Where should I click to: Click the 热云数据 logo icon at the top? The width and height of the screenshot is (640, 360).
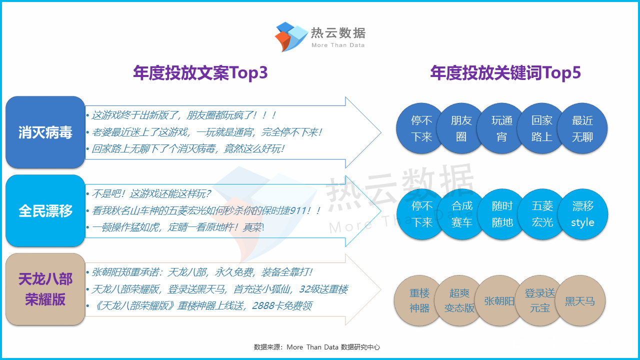coord(291,37)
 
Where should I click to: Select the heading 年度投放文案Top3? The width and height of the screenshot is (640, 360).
coord(200,73)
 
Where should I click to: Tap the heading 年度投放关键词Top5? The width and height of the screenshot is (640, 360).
coord(505,73)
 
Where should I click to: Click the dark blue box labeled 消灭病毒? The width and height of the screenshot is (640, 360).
coord(45,132)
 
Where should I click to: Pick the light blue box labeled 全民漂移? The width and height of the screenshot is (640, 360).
coord(45,211)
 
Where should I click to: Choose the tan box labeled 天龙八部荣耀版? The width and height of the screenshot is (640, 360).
coord(45,289)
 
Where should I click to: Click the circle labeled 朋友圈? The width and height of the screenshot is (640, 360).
coord(461,128)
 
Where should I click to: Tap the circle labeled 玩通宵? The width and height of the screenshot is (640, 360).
coord(501,128)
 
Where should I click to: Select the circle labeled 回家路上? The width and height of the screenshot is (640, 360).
coord(541,128)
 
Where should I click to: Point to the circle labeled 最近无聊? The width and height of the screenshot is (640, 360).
coord(582,128)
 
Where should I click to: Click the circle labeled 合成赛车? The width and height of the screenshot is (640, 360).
coord(461,214)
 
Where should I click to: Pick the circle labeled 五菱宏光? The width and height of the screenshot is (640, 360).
coord(542,214)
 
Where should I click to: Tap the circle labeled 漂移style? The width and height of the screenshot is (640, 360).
coord(583,214)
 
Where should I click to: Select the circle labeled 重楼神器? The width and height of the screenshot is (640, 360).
coord(419,300)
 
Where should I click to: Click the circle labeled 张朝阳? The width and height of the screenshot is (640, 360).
coord(499,300)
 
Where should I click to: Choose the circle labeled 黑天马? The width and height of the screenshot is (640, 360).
coord(580,300)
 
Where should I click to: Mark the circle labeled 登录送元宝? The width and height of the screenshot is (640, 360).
coord(539,300)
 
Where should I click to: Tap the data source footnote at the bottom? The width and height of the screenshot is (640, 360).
coord(317,347)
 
